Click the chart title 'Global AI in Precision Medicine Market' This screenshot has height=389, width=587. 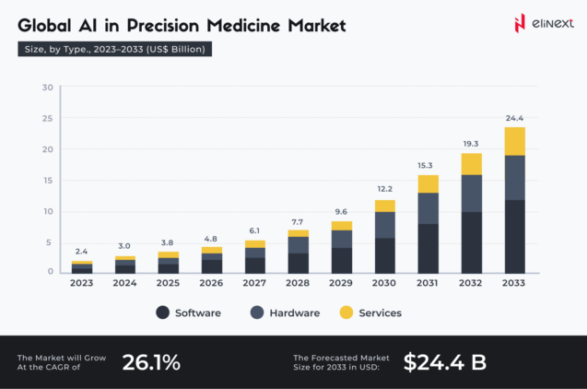[x=182, y=26]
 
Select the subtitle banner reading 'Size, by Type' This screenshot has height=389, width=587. [x=115, y=49]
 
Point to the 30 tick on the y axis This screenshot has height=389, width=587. [x=47, y=88]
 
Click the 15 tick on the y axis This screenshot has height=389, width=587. [x=47, y=181]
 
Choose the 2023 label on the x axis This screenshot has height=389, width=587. [x=82, y=283]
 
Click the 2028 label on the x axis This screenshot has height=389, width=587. [x=299, y=283]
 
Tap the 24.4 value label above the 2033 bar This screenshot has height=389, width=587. [x=514, y=118]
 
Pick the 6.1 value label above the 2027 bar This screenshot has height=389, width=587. [x=255, y=231]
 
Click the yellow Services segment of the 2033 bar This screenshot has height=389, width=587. [x=514, y=141]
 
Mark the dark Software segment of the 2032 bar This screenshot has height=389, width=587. [x=471, y=242]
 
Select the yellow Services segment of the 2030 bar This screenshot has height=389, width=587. [x=384, y=206]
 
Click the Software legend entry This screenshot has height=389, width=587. [x=189, y=313]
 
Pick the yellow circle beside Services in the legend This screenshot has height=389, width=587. [x=346, y=313]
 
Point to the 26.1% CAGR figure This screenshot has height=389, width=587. [x=151, y=362]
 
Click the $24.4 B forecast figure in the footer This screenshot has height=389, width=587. [x=445, y=362]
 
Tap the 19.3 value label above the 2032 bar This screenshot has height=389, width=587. [x=471, y=144]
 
